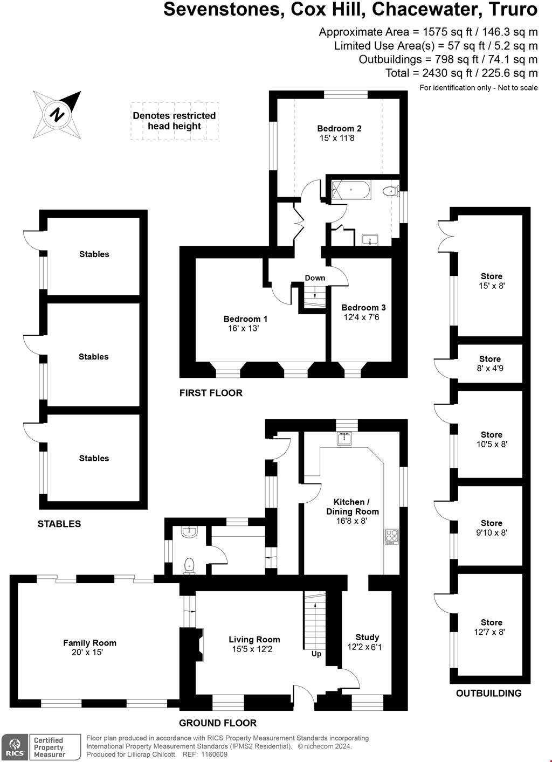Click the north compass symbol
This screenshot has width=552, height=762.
click(57, 114)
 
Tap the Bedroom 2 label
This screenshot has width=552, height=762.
click(339, 128)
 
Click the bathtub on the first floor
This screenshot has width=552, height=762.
click(351, 190)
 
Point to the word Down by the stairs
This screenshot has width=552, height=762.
click(315, 278)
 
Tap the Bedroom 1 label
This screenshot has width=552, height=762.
click(245, 319)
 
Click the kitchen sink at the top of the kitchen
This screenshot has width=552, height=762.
click(344, 439)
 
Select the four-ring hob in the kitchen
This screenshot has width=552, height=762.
click(391, 536)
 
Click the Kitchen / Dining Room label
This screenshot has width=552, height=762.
click(352, 507)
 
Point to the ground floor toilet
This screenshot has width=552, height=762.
click(189, 565)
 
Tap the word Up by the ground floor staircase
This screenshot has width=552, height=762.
click(316, 654)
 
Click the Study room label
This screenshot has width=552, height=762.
click(367, 637)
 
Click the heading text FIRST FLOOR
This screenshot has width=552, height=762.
click(211, 393)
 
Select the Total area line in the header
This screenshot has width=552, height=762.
click(461, 73)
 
